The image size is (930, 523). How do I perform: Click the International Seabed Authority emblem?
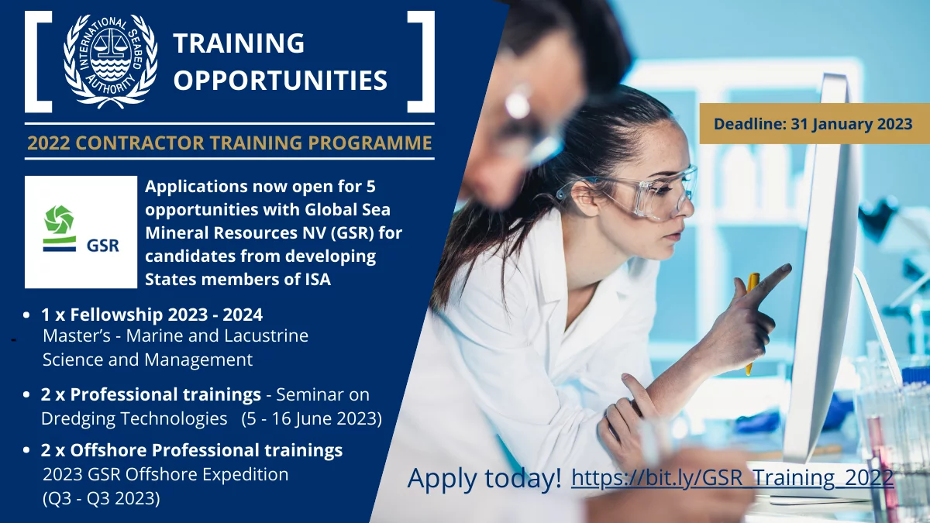[110, 61]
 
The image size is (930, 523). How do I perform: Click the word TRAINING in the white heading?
[239, 43]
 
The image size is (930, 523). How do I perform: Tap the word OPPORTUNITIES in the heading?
[281, 80]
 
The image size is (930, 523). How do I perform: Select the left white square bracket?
[38, 62]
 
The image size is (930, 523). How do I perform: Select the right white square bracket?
[421, 62]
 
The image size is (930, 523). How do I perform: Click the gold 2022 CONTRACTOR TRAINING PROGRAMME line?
[229, 143]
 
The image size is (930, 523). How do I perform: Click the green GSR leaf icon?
[59, 219]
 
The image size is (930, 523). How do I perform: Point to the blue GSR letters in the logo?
[103, 246]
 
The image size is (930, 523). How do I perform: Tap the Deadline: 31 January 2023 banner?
[815, 124]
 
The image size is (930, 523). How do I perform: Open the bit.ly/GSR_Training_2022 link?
[732, 477]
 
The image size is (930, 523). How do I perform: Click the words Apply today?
[484, 478]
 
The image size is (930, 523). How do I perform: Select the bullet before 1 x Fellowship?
[26, 315]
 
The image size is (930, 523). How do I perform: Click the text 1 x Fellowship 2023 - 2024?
[152, 315]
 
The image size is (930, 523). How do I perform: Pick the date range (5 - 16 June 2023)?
[312, 418]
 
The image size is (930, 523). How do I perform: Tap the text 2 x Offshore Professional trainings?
[192, 450]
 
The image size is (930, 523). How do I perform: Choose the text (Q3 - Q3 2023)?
[102, 498]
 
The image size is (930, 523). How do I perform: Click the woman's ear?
[585, 198]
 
